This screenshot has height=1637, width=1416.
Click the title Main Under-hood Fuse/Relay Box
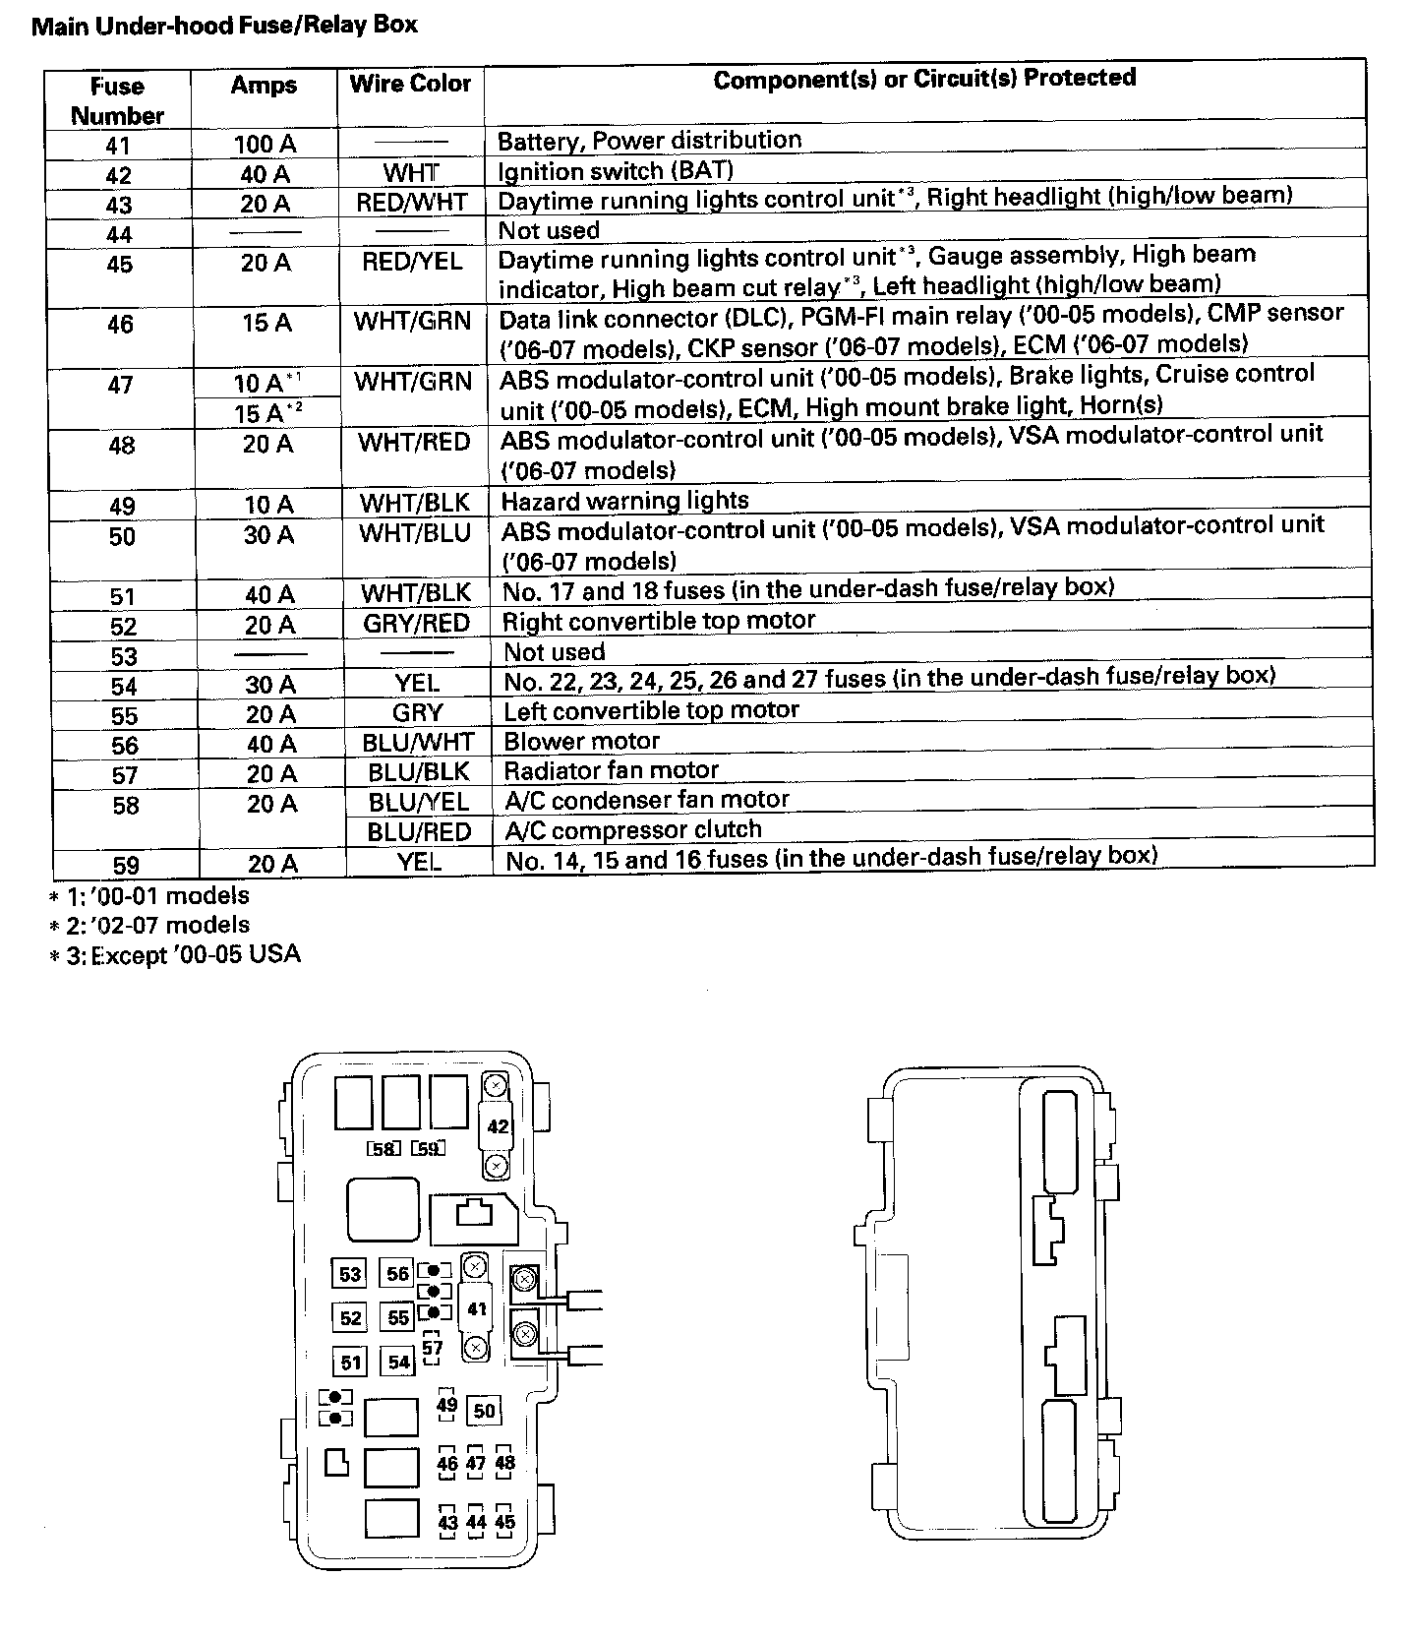point(224,25)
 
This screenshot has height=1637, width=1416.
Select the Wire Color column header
point(410,84)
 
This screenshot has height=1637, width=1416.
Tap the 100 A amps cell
point(265,144)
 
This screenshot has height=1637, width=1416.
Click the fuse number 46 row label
point(120,324)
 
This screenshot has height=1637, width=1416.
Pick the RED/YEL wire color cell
point(411,262)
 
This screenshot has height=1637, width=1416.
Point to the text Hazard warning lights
point(624,501)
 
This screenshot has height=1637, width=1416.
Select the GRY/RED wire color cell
point(416,623)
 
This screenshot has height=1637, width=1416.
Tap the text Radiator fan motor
point(611,769)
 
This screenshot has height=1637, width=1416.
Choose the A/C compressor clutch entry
point(633,829)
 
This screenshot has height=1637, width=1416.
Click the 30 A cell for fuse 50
point(268,535)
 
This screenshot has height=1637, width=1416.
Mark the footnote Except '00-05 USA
point(175,954)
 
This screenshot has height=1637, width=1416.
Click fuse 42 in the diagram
point(498,1125)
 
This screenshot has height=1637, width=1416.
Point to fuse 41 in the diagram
point(477,1309)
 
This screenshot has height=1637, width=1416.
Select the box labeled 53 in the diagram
point(350,1275)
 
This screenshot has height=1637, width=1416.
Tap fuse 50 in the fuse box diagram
point(484,1411)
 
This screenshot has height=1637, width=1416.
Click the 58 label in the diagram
point(383,1148)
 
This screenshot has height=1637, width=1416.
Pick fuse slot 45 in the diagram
point(504,1522)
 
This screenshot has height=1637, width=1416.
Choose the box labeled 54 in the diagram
point(398,1363)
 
